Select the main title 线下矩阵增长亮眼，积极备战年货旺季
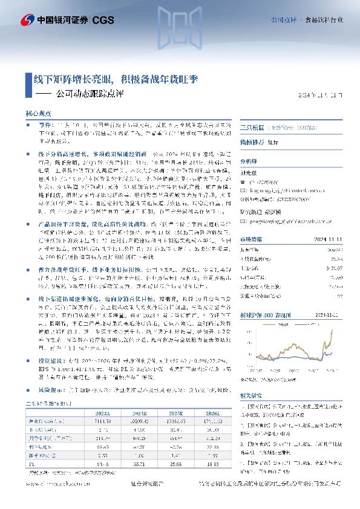pos(116,79)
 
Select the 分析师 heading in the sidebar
pos(249,162)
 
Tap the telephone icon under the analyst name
pos(243,181)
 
